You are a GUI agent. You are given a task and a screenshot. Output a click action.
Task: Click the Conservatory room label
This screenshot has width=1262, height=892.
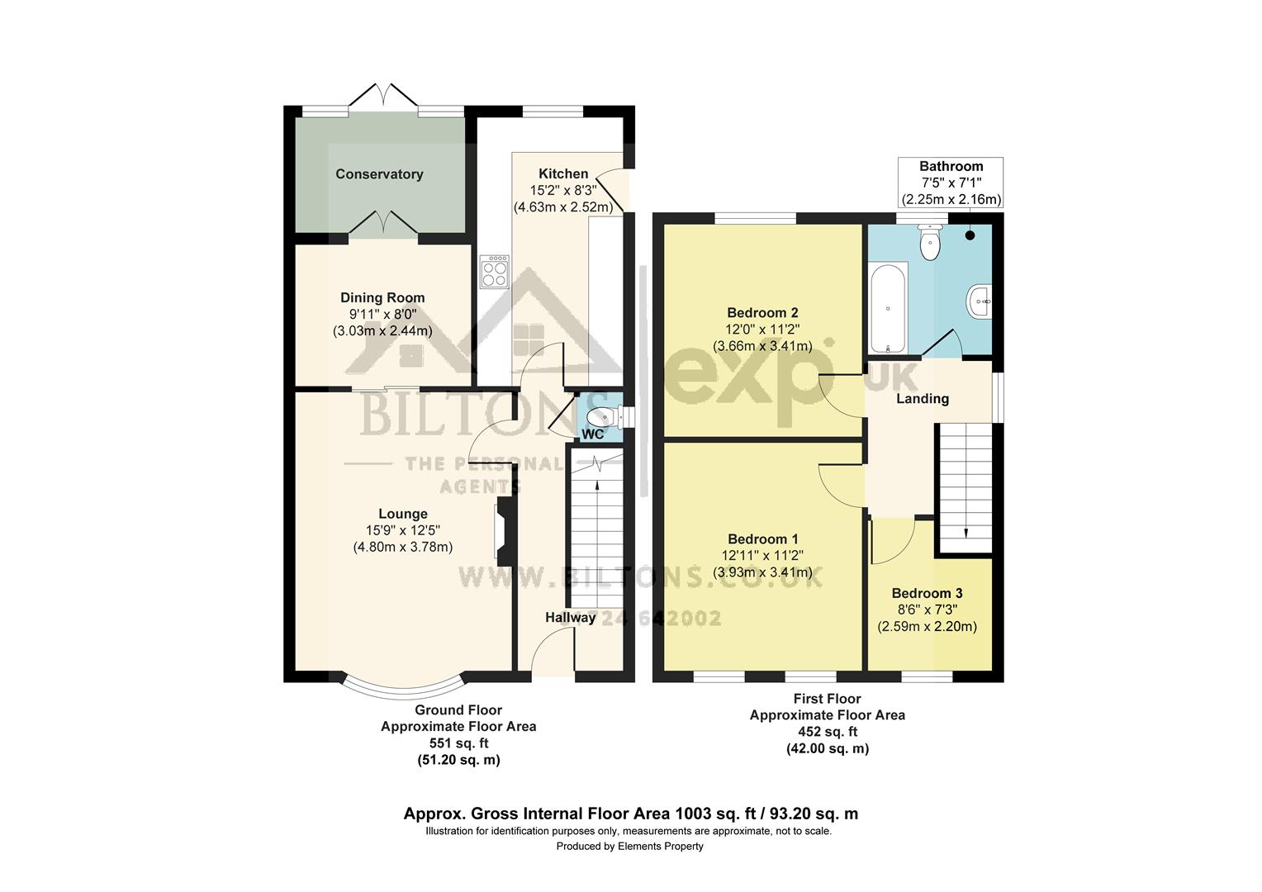pos(379,174)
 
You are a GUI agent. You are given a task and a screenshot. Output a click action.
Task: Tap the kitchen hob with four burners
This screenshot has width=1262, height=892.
pos(495,271)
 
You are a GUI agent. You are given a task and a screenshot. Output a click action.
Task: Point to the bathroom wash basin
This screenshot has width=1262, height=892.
pos(981,301)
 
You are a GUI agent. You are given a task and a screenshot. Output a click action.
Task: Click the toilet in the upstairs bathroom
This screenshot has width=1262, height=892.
pos(931,243)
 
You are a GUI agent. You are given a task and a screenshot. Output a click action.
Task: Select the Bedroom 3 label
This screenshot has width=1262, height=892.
pos(927,594)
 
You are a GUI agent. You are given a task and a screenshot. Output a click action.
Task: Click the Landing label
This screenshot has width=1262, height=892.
pos(923,399)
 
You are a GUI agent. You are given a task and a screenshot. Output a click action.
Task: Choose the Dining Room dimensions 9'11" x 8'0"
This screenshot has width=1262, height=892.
pos(382,315)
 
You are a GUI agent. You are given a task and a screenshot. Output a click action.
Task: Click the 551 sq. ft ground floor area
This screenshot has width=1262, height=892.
pos(458,743)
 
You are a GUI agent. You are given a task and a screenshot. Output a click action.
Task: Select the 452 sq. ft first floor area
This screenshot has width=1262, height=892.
pos(827,732)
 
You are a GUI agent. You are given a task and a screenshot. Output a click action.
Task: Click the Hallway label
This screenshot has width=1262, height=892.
pos(570,618)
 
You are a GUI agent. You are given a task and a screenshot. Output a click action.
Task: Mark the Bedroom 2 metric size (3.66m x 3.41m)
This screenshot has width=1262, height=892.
pos(761,346)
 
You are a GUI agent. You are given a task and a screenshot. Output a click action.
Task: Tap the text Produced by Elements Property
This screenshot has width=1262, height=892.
pos(629,847)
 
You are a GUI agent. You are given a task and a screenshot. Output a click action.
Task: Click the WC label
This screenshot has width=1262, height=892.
pos(593,434)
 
